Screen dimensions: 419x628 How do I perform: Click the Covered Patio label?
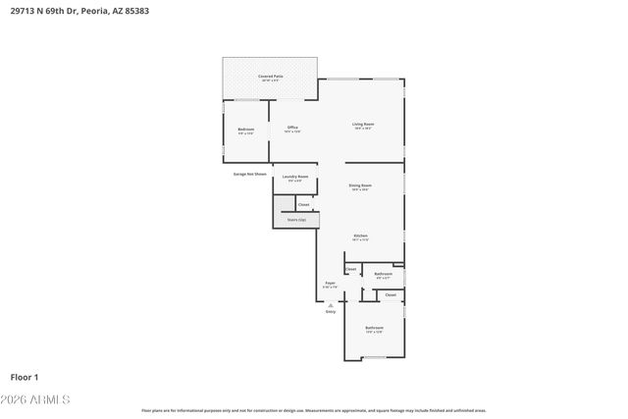pyautogui.click(x=271, y=76)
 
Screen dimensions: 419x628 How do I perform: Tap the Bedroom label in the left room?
pyautogui.click(x=246, y=130)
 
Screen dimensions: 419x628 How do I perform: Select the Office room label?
pyautogui.click(x=292, y=128)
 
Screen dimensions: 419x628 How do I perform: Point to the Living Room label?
pyautogui.click(x=364, y=124)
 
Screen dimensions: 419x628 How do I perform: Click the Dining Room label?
pyautogui.click(x=360, y=184)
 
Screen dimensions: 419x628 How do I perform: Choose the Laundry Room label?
pyautogui.click(x=295, y=177)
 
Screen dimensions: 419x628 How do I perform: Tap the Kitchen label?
pyautogui.click(x=360, y=236)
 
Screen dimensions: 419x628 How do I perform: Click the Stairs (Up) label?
pyautogui.click(x=296, y=220)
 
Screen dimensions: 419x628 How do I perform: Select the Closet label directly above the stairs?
pyautogui.click(x=303, y=204)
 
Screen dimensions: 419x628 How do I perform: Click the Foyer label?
pyautogui.click(x=331, y=283)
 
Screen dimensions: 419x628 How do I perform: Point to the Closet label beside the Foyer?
pyautogui.click(x=350, y=268)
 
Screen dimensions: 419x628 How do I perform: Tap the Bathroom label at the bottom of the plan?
pyautogui.click(x=374, y=328)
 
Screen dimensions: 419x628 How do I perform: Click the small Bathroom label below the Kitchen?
pyautogui.click(x=384, y=274)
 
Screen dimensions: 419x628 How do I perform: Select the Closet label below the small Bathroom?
pyautogui.click(x=391, y=294)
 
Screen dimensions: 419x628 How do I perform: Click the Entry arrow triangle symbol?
pyautogui.click(x=331, y=304)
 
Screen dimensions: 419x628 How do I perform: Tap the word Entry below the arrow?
pyautogui.click(x=331, y=312)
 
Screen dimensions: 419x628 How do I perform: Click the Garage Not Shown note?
pyautogui.click(x=249, y=174)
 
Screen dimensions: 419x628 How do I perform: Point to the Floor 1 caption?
pyautogui.click(x=24, y=377)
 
